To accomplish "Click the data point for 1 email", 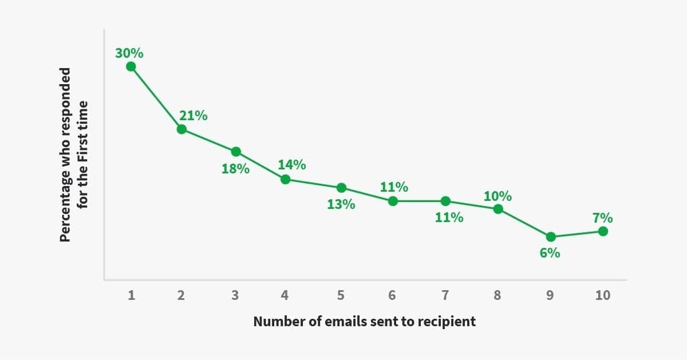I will pyautogui.click(x=131, y=66).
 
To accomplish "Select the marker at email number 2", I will pyautogui.click(x=181, y=129).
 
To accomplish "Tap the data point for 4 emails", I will pyautogui.click(x=285, y=179).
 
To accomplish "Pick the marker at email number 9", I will pyautogui.click(x=551, y=236).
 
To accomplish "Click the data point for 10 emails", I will pyautogui.click(x=602, y=231).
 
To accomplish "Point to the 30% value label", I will pyautogui.click(x=129, y=54).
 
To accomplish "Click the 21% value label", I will pyautogui.click(x=194, y=116).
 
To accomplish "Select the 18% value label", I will pyautogui.click(x=235, y=169).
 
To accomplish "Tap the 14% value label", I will pyautogui.click(x=292, y=165).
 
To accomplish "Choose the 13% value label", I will pyautogui.click(x=341, y=204).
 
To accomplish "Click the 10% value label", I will pyautogui.click(x=498, y=196).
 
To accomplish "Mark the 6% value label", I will pyautogui.click(x=550, y=252).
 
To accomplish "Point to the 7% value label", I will pyautogui.click(x=602, y=218).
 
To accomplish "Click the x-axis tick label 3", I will pyautogui.click(x=235, y=295).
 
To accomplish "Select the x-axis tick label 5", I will pyautogui.click(x=341, y=295).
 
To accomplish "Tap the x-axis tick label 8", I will pyautogui.click(x=497, y=295).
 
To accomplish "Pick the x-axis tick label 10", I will pyautogui.click(x=602, y=295).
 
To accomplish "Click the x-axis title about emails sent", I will pyautogui.click(x=364, y=321).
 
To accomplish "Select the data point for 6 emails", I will pyautogui.click(x=393, y=201).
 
